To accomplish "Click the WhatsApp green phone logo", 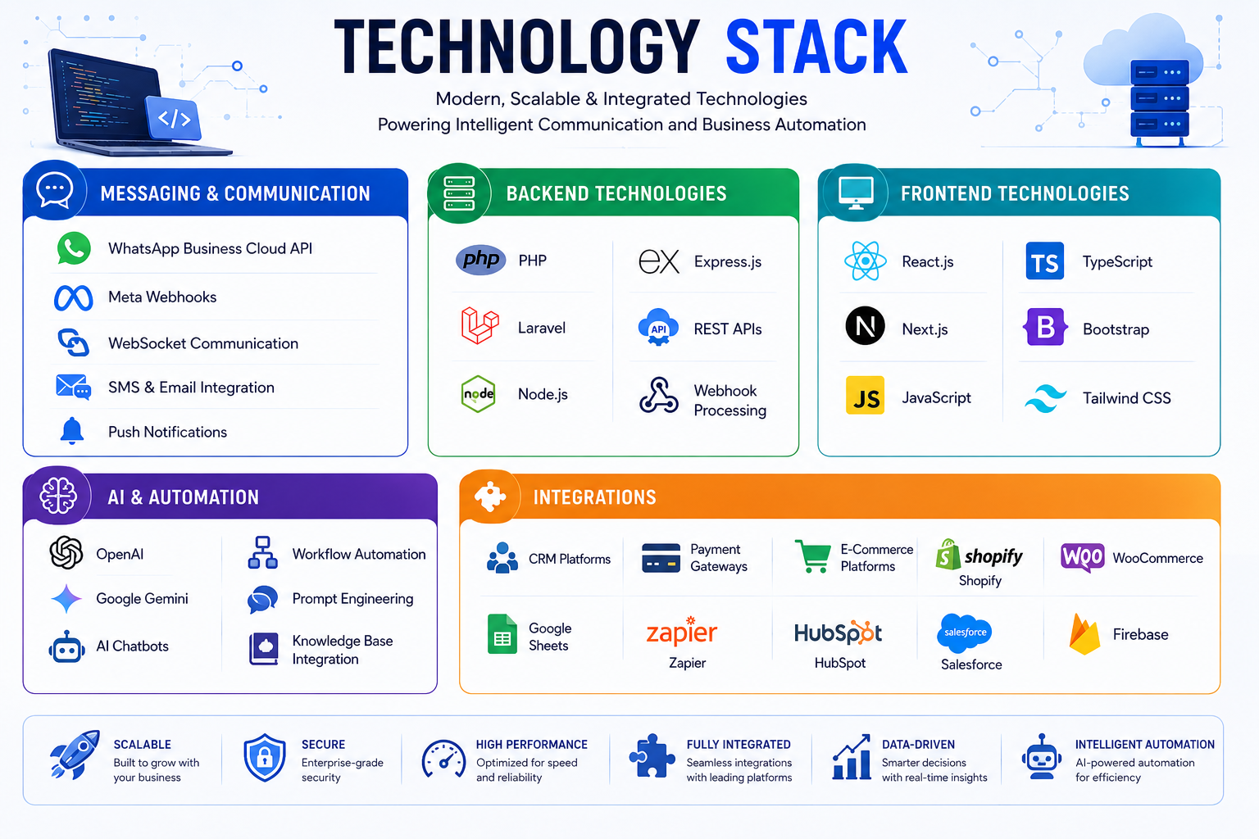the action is tap(74, 247).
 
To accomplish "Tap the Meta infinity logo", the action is tap(73, 298).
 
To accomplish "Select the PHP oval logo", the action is tap(480, 260).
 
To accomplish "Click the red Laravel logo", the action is tap(480, 325).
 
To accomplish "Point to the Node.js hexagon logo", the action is tap(479, 394).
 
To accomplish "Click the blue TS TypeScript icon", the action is tap(1045, 261).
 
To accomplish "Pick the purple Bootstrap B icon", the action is tap(1045, 326).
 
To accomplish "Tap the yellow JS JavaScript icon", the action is tap(865, 395).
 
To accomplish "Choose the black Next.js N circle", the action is tap(865, 326).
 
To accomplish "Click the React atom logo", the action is tap(865, 261).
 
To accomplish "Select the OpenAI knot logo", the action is tap(66, 552).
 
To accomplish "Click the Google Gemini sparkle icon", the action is tap(66, 598).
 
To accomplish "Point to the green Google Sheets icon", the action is tap(502, 634).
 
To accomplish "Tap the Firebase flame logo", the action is tap(1084, 634).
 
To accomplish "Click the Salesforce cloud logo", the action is tap(965, 633).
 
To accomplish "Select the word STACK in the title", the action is tap(816, 47).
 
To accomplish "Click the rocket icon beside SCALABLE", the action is tap(75, 755).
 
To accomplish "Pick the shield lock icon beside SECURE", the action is tap(264, 758).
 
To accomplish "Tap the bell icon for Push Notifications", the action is tap(72, 431).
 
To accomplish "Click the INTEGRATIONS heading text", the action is tap(594, 497).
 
